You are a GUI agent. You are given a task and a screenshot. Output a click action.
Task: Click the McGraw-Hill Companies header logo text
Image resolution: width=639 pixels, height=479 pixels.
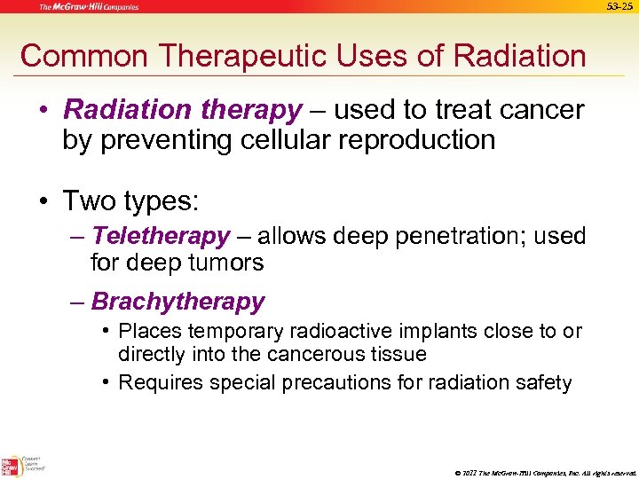pyautogui.click(x=88, y=7)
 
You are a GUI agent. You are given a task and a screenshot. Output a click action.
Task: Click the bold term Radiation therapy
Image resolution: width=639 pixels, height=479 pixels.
pyautogui.click(x=183, y=110)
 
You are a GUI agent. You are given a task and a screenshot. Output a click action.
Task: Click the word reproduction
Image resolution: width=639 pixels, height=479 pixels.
pyautogui.click(x=419, y=139)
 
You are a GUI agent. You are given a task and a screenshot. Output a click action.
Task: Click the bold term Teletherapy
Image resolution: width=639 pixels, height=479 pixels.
pyautogui.click(x=161, y=237)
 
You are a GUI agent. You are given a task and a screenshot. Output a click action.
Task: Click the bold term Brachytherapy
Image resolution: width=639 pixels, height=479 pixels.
pyautogui.click(x=177, y=302)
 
